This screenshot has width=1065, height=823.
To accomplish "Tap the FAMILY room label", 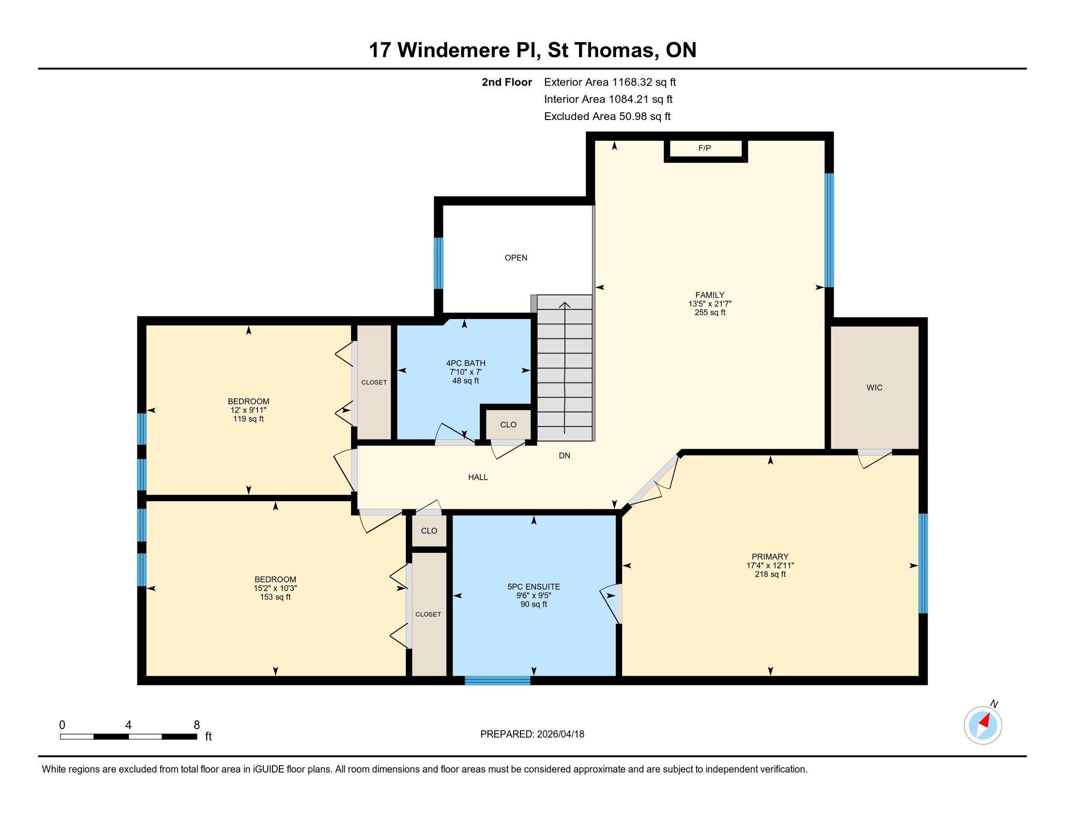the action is tap(710, 295).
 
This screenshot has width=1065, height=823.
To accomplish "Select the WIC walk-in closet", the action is tap(874, 388).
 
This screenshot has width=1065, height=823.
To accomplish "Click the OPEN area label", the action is tap(516, 258).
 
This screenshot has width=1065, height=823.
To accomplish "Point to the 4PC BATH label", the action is tap(466, 363).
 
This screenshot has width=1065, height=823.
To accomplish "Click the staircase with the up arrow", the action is tap(564, 367).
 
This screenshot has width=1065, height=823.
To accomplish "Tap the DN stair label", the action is tap(564, 456).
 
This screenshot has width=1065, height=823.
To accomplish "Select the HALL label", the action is tap(478, 477).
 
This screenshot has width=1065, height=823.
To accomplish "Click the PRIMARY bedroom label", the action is tap(770, 557).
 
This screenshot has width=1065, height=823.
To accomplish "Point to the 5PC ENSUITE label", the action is tap(533, 587).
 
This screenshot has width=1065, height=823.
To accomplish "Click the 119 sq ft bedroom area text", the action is tap(248, 419).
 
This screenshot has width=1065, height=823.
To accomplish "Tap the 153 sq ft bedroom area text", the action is tap(275, 597).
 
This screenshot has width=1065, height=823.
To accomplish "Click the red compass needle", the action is tap(987, 721).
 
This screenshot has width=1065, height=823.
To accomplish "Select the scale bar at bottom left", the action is tap(129, 737).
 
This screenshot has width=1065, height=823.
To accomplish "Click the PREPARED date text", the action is tap(532, 734).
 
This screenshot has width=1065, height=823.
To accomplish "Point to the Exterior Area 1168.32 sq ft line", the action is tap(610, 82).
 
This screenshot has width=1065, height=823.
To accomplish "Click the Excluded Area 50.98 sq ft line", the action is tap(607, 117).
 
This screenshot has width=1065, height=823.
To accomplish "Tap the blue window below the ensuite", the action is tap(497, 681).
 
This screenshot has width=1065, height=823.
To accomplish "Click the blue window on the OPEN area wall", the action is tap(439, 263).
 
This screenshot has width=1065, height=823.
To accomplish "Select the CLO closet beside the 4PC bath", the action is tap(508, 425).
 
